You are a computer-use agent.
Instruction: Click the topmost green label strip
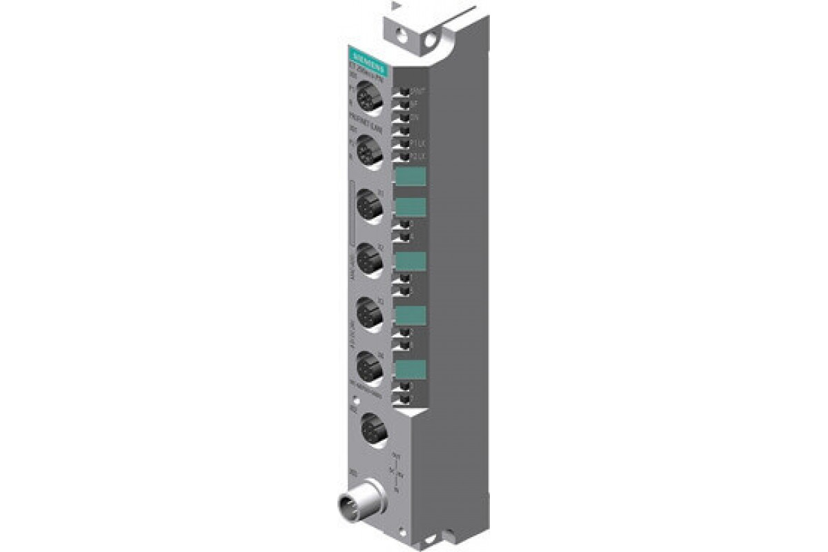click(x=409, y=177)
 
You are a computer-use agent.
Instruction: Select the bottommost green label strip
click(x=410, y=370)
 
